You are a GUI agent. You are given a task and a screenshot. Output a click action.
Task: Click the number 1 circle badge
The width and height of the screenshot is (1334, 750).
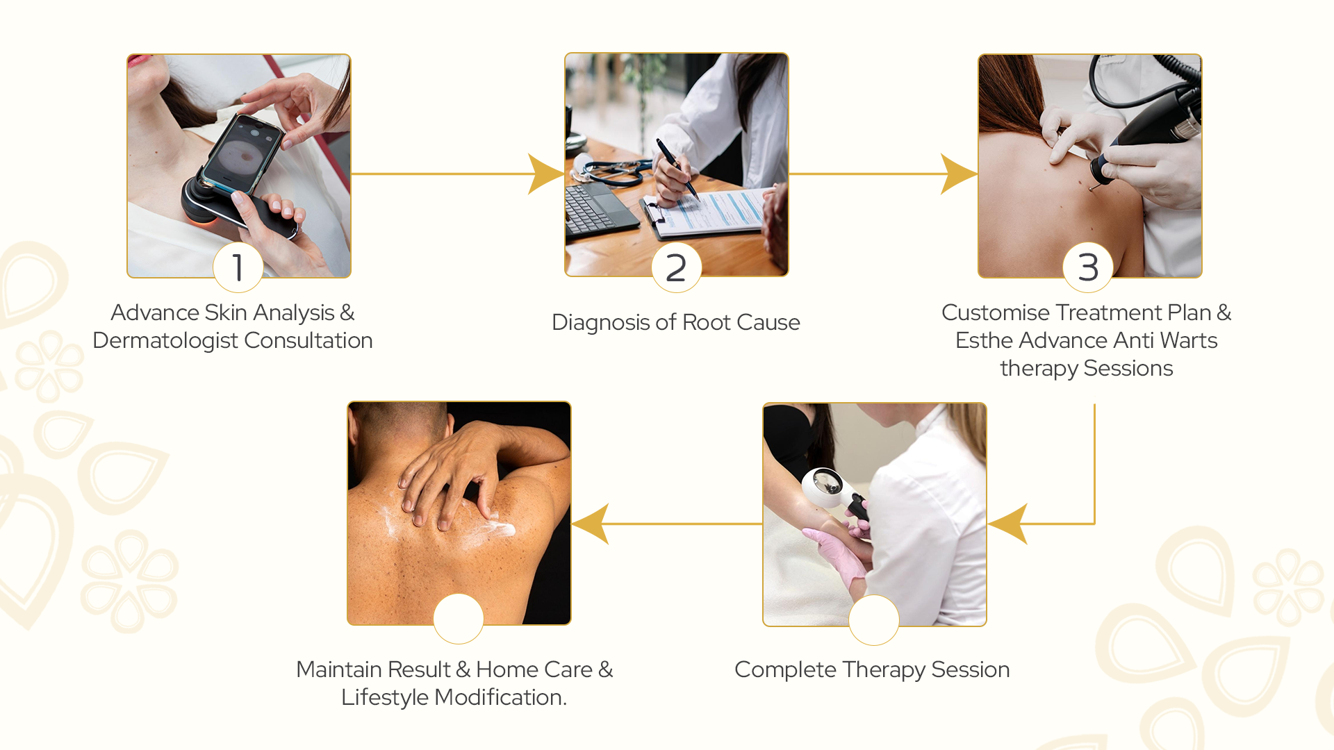coord(238,267)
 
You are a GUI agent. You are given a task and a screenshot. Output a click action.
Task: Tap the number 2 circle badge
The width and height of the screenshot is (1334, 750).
coord(676,267)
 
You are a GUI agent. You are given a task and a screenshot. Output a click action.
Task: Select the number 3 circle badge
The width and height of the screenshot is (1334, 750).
coord(1088,267)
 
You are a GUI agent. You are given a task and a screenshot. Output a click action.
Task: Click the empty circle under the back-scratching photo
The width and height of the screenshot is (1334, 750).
coord(459,619)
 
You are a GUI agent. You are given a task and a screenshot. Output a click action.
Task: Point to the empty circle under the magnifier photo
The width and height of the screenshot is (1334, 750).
coord(874,619)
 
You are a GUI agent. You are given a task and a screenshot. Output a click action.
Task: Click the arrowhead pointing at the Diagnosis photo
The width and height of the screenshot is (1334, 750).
coord(545,174)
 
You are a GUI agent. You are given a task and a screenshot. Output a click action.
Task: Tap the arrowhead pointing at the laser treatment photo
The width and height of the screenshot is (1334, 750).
coord(959,174)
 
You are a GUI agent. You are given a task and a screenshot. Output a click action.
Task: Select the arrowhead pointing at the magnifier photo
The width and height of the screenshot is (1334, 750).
coord(1007,524)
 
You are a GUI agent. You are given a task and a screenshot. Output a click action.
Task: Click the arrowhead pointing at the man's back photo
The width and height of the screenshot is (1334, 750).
coord(591,524)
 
